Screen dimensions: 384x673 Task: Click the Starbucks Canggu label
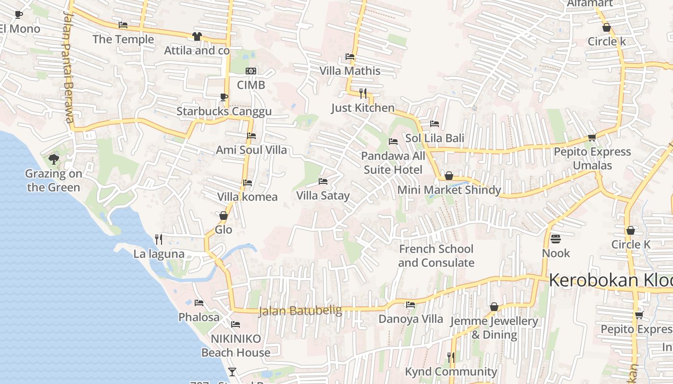224,111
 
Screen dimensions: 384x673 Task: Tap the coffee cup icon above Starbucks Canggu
224,97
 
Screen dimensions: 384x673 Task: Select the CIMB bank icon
251,71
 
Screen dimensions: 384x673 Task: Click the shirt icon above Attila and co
197,36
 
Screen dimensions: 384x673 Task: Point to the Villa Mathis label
350,71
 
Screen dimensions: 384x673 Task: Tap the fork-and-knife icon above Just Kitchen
363,93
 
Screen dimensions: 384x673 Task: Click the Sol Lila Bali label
435,138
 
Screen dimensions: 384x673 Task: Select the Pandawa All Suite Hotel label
393,163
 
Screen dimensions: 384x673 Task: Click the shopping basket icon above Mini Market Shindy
449,176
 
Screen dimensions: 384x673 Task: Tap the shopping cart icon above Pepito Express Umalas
592,138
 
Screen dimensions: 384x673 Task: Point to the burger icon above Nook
556,239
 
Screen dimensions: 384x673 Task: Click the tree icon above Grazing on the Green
54,159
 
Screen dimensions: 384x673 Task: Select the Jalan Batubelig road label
300,311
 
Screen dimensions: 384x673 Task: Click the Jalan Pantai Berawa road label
68,67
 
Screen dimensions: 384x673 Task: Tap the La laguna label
159,254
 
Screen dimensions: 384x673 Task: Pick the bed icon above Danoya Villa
411,305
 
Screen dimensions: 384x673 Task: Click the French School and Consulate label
436,256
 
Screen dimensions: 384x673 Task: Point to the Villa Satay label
323,196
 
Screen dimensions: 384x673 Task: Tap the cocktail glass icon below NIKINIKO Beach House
232,372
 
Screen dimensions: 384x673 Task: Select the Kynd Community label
451,372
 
